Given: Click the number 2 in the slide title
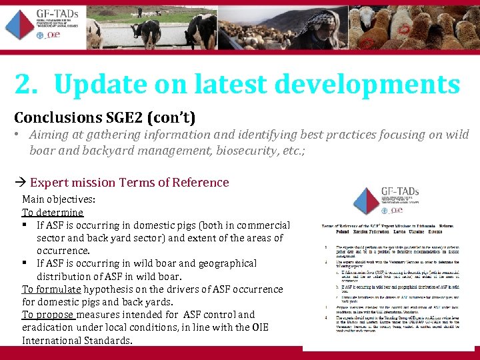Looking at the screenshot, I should (x=23, y=85).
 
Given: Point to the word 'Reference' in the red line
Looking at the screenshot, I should (x=200, y=183).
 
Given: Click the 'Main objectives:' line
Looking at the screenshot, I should (x=59, y=199).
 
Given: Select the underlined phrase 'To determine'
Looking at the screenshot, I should (x=53, y=213).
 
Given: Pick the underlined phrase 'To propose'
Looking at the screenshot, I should (x=48, y=315).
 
